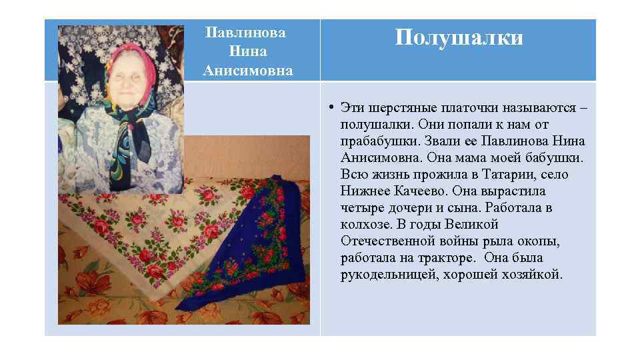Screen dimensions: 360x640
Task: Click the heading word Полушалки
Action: tap(459, 37)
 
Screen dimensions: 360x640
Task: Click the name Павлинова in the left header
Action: tap(246, 33)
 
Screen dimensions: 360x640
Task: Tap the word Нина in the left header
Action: tap(247, 51)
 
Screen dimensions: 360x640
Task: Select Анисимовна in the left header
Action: tap(247, 70)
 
